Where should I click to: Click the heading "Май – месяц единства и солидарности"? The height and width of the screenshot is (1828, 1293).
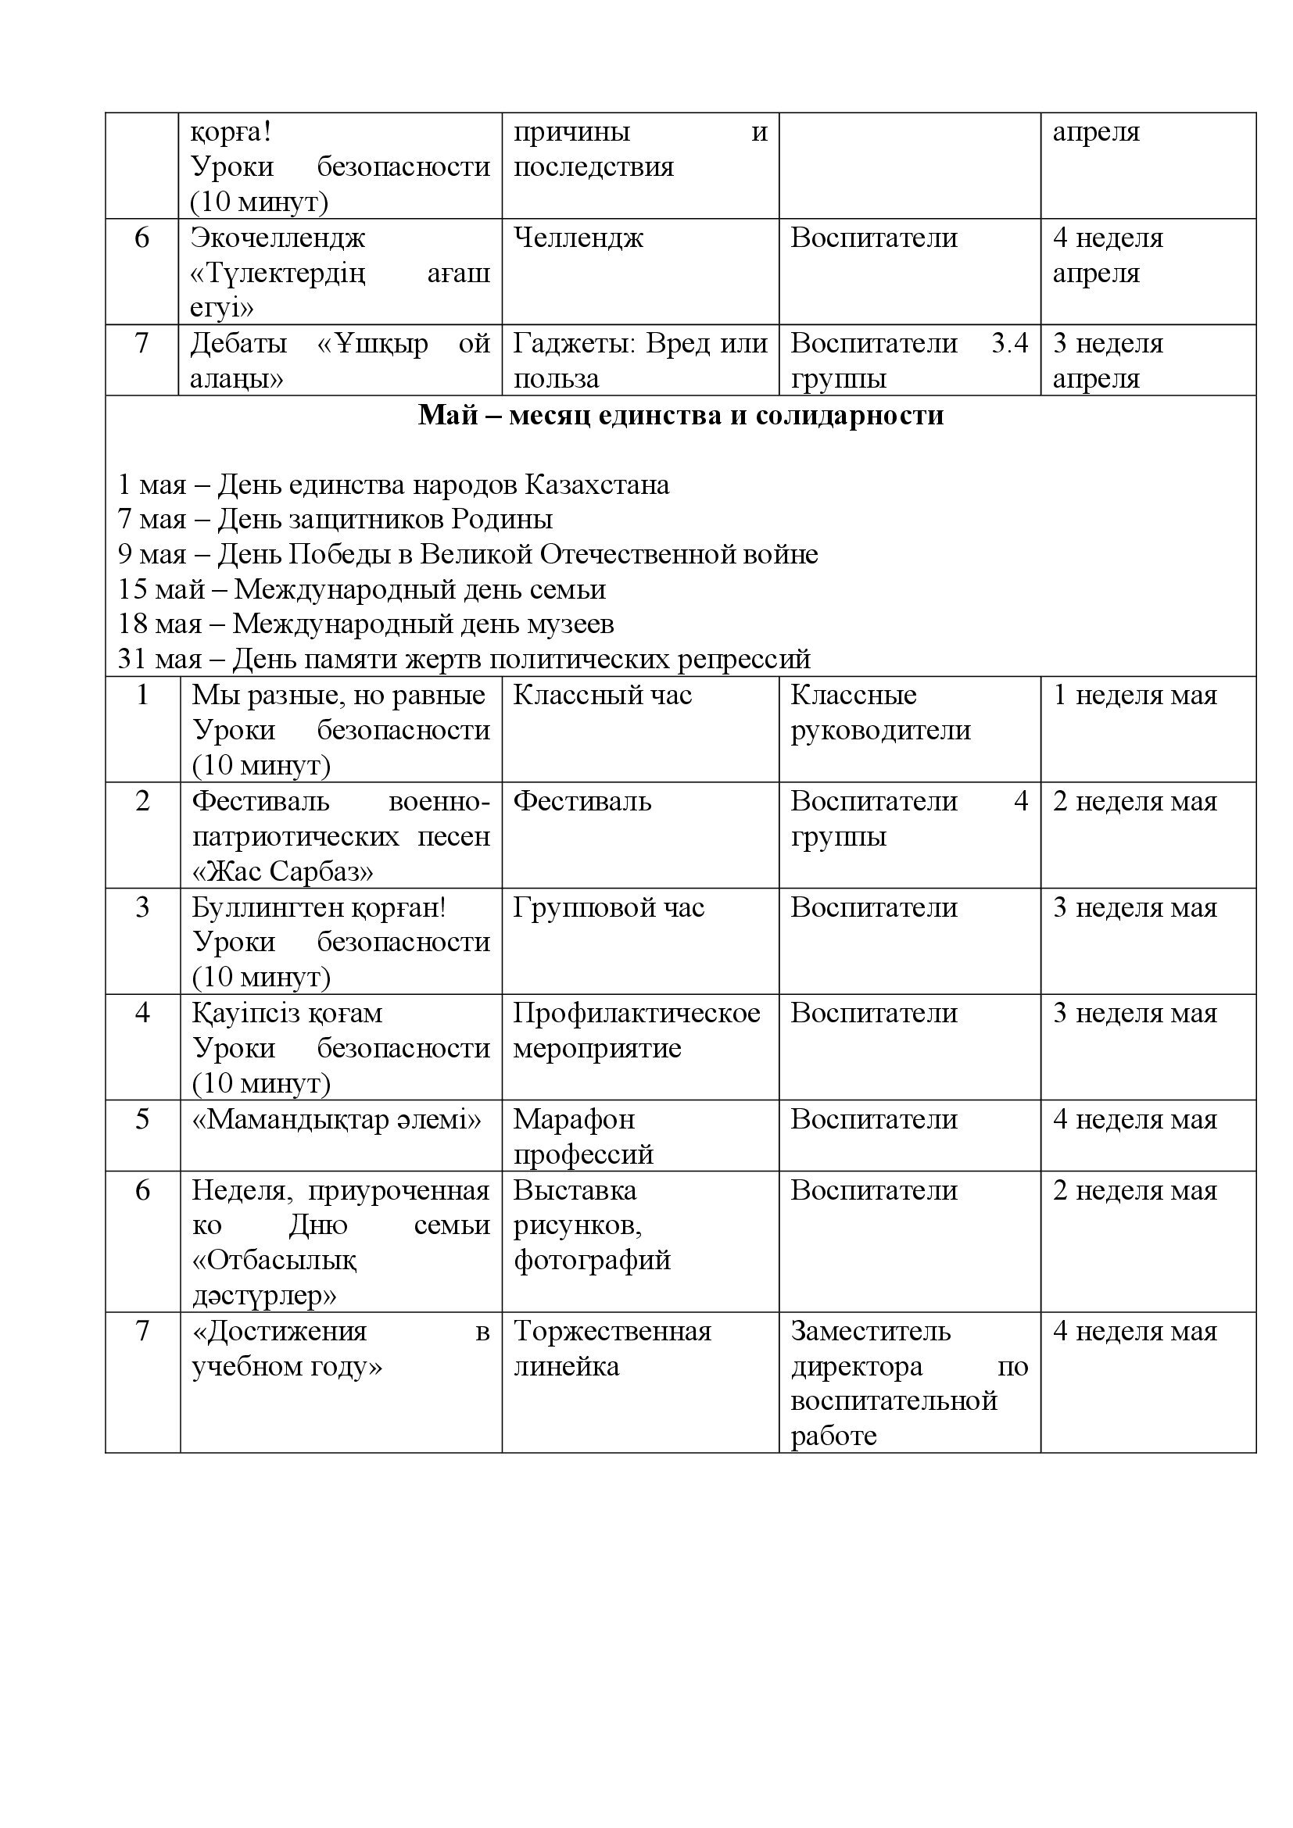pos(681,416)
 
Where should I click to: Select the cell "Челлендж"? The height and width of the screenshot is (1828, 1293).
pos(578,238)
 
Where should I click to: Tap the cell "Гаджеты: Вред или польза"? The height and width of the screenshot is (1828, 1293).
pos(639,360)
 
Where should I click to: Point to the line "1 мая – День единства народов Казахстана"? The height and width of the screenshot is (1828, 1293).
pos(393,485)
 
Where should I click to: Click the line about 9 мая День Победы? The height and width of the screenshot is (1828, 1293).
pos(467,554)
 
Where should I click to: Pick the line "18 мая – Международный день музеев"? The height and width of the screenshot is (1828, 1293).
pos(365,624)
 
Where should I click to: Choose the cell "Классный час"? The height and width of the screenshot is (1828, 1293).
pos(602,695)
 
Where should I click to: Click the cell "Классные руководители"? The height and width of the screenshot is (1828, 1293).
pos(879,713)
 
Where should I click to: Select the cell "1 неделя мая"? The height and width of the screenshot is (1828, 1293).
pos(1134,695)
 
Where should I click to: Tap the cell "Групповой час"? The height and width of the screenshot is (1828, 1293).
pos(608,907)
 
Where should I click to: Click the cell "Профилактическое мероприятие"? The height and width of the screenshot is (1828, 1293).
pos(636,1030)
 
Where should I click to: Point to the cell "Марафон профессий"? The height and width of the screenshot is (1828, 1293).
pos(583,1136)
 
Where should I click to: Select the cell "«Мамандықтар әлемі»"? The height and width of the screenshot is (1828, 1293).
pos(337,1119)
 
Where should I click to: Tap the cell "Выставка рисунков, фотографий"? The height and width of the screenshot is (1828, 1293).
pos(592,1225)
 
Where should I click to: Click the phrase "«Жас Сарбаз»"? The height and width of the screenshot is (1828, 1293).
pos(283,872)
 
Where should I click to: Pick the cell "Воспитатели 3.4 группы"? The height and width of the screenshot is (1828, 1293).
pos(908,360)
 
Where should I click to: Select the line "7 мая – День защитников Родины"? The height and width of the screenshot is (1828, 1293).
pos(335,519)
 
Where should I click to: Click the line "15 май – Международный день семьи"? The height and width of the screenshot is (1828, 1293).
pos(361,589)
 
